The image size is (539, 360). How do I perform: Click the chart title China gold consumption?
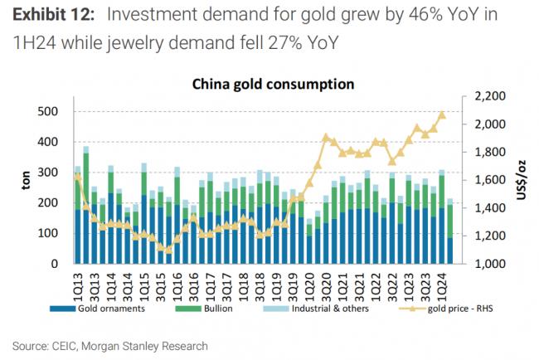pos(273,84)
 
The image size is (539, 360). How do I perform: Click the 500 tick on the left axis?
pos(51,111)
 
